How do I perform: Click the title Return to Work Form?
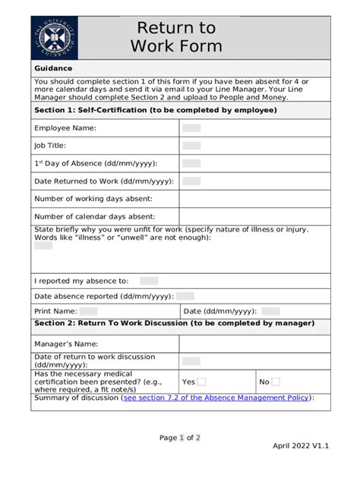[176, 37]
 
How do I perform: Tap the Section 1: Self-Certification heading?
[155, 110]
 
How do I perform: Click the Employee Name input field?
[191, 128]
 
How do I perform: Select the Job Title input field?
[191, 146]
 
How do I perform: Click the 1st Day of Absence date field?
[191, 163]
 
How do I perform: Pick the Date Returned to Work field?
[191, 181]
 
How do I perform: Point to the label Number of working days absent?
[93, 199]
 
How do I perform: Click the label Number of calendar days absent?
[94, 216]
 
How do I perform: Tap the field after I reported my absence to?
[149, 281]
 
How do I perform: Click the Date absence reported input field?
[185, 296]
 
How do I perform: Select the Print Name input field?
[88, 311]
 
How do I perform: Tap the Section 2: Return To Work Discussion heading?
[174, 323]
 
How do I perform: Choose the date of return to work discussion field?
[191, 361]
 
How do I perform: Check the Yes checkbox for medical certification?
[201, 382]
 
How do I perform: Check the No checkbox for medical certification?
[276, 382]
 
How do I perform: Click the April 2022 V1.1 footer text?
[301, 445]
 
